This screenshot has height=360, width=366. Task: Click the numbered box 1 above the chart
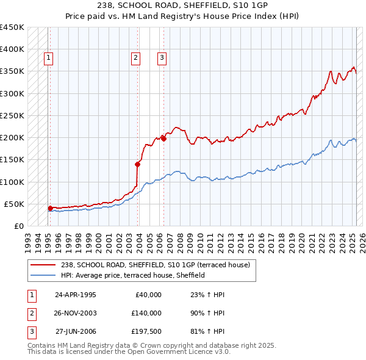tap(48, 59)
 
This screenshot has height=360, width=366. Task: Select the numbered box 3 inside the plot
tap(162, 59)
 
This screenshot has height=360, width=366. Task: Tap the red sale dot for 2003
tap(137, 164)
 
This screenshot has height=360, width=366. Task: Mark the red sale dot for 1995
tap(50, 208)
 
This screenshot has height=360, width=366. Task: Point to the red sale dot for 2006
tap(164, 139)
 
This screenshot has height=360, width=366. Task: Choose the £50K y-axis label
tap(15, 204)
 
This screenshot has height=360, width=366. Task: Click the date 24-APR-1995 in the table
tap(76, 295)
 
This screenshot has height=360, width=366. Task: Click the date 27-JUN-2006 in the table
tap(76, 332)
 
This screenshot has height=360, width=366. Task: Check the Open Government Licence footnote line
tap(129, 352)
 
